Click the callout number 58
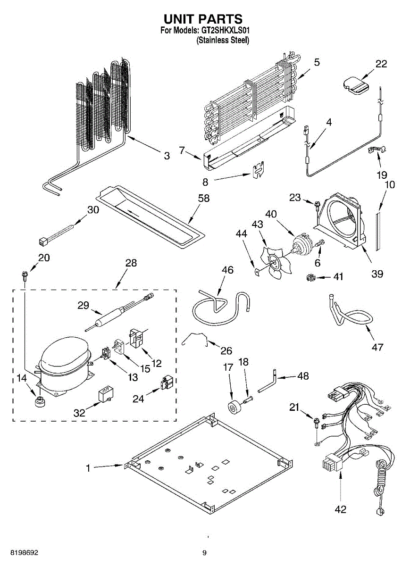point(204,199)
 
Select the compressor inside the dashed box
point(65,366)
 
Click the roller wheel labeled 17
point(234,408)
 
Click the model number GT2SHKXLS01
point(225,31)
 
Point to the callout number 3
point(167,156)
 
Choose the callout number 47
point(377,348)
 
